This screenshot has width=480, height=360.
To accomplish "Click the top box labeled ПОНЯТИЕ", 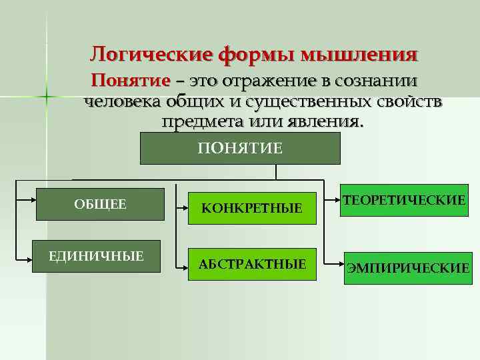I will [x=240, y=148].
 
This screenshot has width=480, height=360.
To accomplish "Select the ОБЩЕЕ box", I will [x=100, y=204].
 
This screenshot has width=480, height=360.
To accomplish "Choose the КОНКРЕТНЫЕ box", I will [x=252, y=209].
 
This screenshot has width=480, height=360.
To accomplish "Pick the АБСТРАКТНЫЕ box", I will [x=252, y=265].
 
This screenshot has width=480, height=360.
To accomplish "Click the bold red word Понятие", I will [x=131, y=81].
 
